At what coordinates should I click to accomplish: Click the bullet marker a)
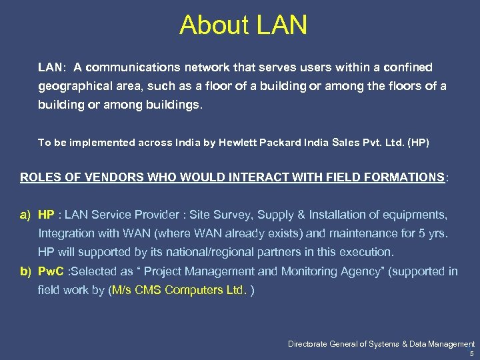tap(25, 215)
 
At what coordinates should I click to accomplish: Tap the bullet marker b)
tap(25, 271)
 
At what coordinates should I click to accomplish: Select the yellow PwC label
tap(51, 271)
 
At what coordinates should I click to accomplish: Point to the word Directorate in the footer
tap(311, 344)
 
